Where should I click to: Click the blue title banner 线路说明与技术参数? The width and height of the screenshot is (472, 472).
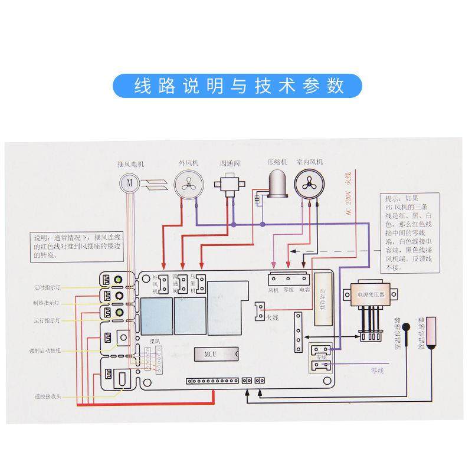[236, 86]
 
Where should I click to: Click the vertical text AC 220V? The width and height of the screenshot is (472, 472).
[348, 204]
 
